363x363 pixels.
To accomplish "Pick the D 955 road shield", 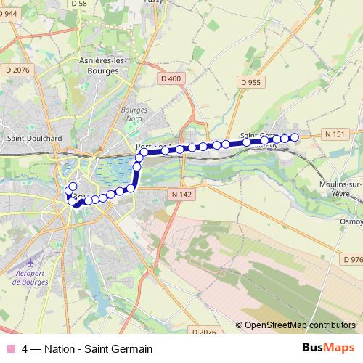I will click(x=249, y=83).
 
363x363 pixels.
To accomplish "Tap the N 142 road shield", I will click(x=181, y=194).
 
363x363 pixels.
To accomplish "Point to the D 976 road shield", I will click(x=351, y=259).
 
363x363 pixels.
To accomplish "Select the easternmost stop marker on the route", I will click(x=295, y=138).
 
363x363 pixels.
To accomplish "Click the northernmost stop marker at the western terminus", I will click(x=73, y=187).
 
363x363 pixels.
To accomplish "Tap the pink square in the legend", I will click(x=9, y=348).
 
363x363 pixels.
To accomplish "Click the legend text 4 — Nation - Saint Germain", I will click(x=87, y=348).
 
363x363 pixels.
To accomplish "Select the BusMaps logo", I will click(x=328, y=348).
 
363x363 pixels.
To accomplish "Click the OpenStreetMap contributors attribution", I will click(x=298, y=325).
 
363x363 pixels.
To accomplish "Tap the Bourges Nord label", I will click(x=135, y=115).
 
